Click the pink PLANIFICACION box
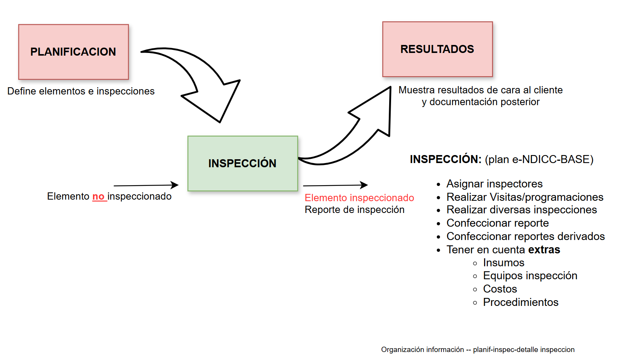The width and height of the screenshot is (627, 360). click(74, 52)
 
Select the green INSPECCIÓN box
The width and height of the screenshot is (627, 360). click(242, 163)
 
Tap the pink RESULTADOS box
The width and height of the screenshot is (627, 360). click(437, 49)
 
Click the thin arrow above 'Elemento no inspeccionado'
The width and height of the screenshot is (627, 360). click(146, 186)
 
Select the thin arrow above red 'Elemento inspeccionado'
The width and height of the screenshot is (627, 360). click(335, 186)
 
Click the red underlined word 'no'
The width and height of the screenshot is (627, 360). click(98, 197)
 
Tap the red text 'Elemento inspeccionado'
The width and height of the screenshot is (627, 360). click(359, 198)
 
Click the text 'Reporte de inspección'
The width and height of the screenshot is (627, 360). click(354, 210)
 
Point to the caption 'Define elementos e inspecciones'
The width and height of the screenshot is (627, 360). click(81, 91)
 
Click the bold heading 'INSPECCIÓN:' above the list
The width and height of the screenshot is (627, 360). click(446, 159)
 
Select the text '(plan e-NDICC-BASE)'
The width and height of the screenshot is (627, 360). click(539, 159)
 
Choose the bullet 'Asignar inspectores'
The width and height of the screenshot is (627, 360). click(494, 184)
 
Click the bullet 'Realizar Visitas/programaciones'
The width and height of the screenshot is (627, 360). click(525, 197)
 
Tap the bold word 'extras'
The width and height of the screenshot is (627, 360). click(544, 250)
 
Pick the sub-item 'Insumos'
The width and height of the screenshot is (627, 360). click(504, 262)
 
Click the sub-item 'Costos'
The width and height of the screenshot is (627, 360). click(500, 289)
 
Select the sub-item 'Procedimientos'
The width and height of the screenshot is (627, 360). click(521, 302)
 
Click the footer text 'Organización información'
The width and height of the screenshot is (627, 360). click(422, 349)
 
